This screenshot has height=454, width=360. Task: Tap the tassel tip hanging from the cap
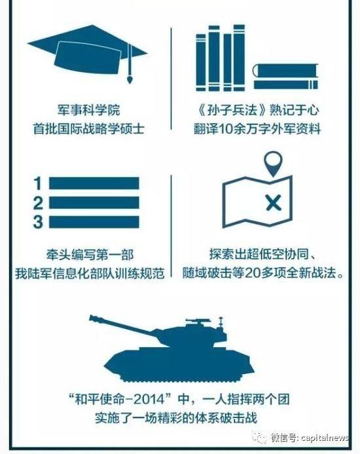(x=130, y=79)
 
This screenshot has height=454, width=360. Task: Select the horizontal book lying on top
(x=285, y=71)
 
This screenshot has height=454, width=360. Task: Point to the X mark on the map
(x=274, y=202)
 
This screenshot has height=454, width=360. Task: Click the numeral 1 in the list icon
(x=37, y=183)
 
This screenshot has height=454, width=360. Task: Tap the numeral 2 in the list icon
(x=38, y=203)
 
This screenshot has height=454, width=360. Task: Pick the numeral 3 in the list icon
(x=38, y=222)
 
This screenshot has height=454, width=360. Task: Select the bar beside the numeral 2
(x=94, y=202)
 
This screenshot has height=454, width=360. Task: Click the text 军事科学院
(x=88, y=111)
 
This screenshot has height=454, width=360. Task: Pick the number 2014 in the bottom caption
(x=151, y=400)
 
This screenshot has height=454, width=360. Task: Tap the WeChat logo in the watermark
(x=259, y=437)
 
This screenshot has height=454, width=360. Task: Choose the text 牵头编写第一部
(x=90, y=255)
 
